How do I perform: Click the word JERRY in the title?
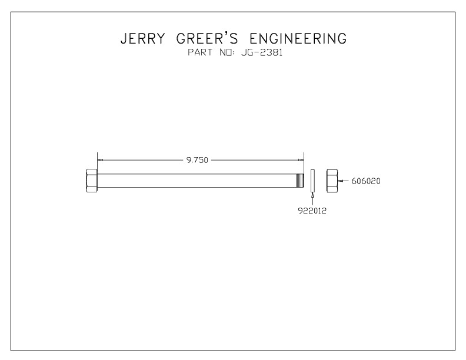point(142,39)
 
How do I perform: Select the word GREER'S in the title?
point(207,38)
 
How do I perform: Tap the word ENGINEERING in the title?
point(298,39)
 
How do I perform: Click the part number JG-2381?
point(262,52)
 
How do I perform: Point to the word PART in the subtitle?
point(200,52)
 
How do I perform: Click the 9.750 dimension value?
point(197,160)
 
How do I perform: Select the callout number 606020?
point(366,181)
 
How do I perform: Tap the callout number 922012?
point(312,211)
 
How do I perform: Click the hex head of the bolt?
point(92,181)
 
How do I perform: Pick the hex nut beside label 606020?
point(332,181)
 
